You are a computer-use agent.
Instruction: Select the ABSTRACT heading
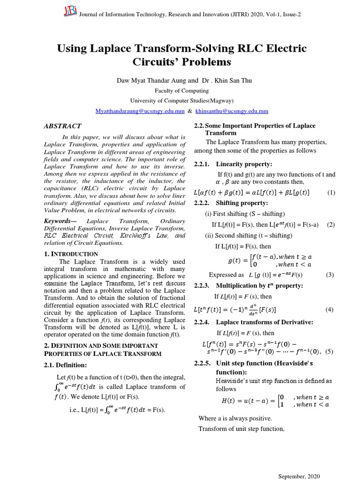(x=63, y=126)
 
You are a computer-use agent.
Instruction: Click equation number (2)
(x=331, y=224)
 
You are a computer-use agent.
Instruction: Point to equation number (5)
(x=330, y=352)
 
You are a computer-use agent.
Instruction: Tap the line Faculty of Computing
(x=182, y=90)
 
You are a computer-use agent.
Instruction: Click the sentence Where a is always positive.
(x=236, y=418)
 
